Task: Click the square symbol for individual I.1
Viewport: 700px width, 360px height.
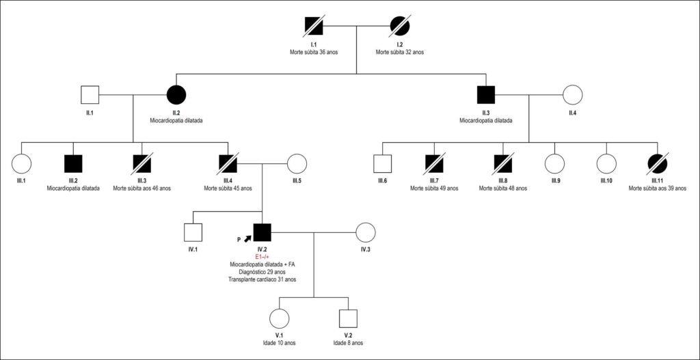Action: pyautogui.click(x=314, y=26)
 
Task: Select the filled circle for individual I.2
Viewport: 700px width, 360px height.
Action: pyautogui.click(x=400, y=26)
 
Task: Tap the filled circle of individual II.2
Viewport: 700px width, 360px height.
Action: pyautogui.click(x=176, y=94)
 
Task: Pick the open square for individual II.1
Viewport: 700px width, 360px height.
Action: pyautogui.click(x=90, y=94)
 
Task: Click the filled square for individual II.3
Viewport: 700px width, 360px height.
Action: pyautogui.click(x=486, y=94)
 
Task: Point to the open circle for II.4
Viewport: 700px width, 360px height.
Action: pyautogui.click(x=573, y=94)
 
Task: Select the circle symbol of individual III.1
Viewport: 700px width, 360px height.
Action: pyautogui.click(x=21, y=163)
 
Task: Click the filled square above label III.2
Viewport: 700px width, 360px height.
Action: pyautogui.click(x=72, y=163)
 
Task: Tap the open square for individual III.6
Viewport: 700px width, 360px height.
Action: pyautogui.click(x=383, y=163)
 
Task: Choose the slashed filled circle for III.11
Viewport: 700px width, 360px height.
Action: pyautogui.click(x=658, y=163)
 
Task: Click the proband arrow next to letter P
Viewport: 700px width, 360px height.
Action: pyautogui.click(x=247, y=238)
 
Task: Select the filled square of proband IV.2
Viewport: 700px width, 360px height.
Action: pyautogui.click(x=262, y=232)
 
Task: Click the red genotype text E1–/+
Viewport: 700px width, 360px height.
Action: pyautogui.click(x=262, y=257)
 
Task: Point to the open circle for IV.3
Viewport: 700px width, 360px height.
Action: pyautogui.click(x=366, y=232)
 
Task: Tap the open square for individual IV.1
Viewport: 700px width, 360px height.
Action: pyautogui.click(x=193, y=232)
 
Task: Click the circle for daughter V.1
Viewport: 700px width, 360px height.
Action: pyautogui.click(x=280, y=318)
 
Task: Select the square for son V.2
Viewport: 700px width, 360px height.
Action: pyautogui.click(x=349, y=318)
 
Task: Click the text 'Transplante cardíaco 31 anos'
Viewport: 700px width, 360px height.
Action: pyautogui.click(x=262, y=279)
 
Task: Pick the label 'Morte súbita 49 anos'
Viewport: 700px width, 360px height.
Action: pyautogui.click(x=434, y=189)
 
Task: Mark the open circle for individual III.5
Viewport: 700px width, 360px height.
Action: pyautogui.click(x=297, y=163)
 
